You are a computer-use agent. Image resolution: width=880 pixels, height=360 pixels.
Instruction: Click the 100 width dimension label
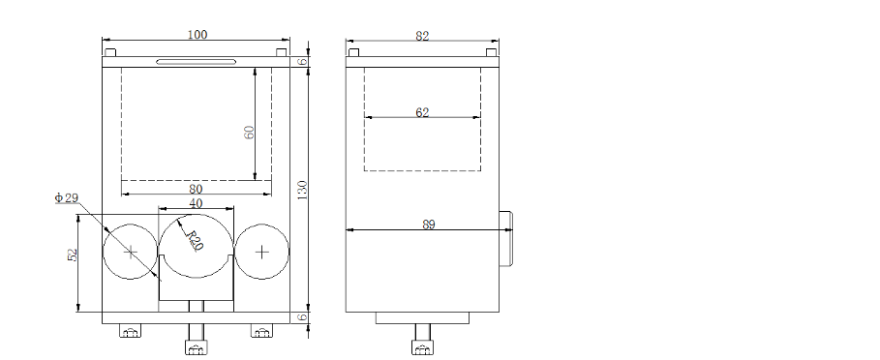197,34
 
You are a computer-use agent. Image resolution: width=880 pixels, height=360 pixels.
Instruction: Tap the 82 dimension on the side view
423,36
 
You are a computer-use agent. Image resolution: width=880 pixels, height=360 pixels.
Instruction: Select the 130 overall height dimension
302,191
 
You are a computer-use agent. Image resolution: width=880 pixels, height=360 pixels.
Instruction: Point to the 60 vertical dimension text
250,132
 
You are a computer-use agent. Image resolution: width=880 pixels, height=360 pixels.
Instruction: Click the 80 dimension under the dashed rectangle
196,189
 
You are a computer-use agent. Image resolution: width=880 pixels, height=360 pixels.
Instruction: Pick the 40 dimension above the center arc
196,203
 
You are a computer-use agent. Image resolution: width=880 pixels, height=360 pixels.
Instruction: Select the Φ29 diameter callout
67,197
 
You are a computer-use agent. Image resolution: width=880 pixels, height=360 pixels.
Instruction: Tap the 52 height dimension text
73,255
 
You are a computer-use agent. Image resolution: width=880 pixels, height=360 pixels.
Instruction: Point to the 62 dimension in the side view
423,112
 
